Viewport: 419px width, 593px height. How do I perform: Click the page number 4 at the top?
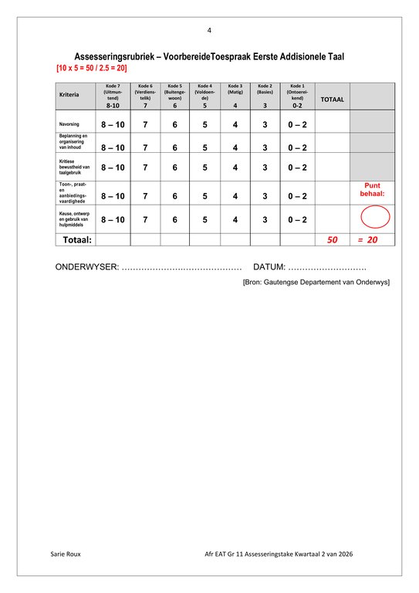(x=209, y=30)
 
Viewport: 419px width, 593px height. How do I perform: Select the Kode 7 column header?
(x=113, y=95)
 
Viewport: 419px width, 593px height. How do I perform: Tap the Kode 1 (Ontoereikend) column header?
(x=297, y=95)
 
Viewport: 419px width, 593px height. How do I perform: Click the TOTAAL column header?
(x=332, y=100)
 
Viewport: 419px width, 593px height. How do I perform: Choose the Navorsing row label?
(x=69, y=124)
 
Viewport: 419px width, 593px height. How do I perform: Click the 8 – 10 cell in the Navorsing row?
(x=113, y=124)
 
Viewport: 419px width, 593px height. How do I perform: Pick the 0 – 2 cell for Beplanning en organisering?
(x=297, y=147)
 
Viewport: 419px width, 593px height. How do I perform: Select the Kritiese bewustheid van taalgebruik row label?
(x=75, y=168)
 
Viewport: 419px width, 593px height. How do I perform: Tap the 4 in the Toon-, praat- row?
(x=235, y=196)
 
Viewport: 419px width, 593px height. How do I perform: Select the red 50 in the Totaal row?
(x=333, y=240)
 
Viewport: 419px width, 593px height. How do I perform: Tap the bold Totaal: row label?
(x=76, y=240)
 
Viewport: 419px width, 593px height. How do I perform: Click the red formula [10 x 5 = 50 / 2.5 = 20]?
(x=92, y=69)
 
